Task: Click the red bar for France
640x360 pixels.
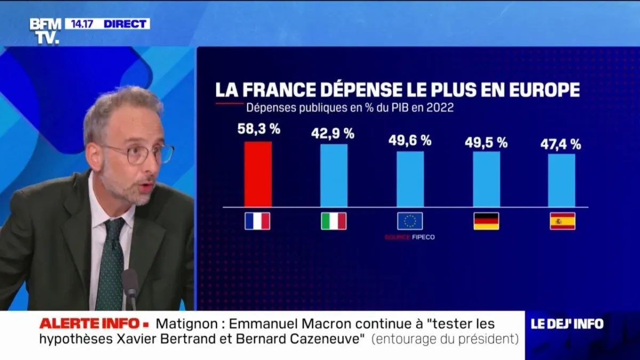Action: [x=258, y=174]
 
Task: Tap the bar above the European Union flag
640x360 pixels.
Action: [x=410, y=179]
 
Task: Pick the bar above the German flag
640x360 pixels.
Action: [x=486, y=179]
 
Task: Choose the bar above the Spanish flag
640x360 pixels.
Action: [x=562, y=180]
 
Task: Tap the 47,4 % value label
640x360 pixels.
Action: [x=561, y=143]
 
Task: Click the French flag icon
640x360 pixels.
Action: [x=258, y=221]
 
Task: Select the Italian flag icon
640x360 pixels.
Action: [x=334, y=221]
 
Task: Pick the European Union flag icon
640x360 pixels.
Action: [x=410, y=221]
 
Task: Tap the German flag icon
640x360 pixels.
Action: [x=486, y=221]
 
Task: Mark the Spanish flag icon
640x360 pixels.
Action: [x=563, y=221]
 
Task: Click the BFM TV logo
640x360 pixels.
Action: [x=45, y=30]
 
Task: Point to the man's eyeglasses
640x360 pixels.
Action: [x=140, y=154]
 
